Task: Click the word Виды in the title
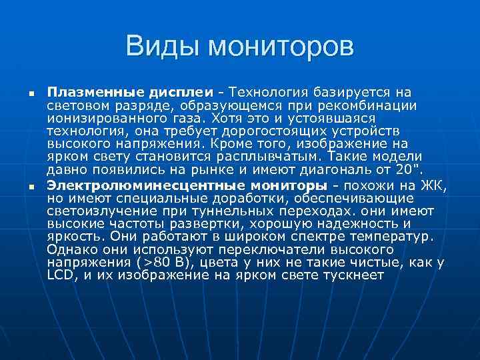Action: pyautogui.click(x=161, y=47)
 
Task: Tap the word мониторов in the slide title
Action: pyautogui.click(x=280, y=47)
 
